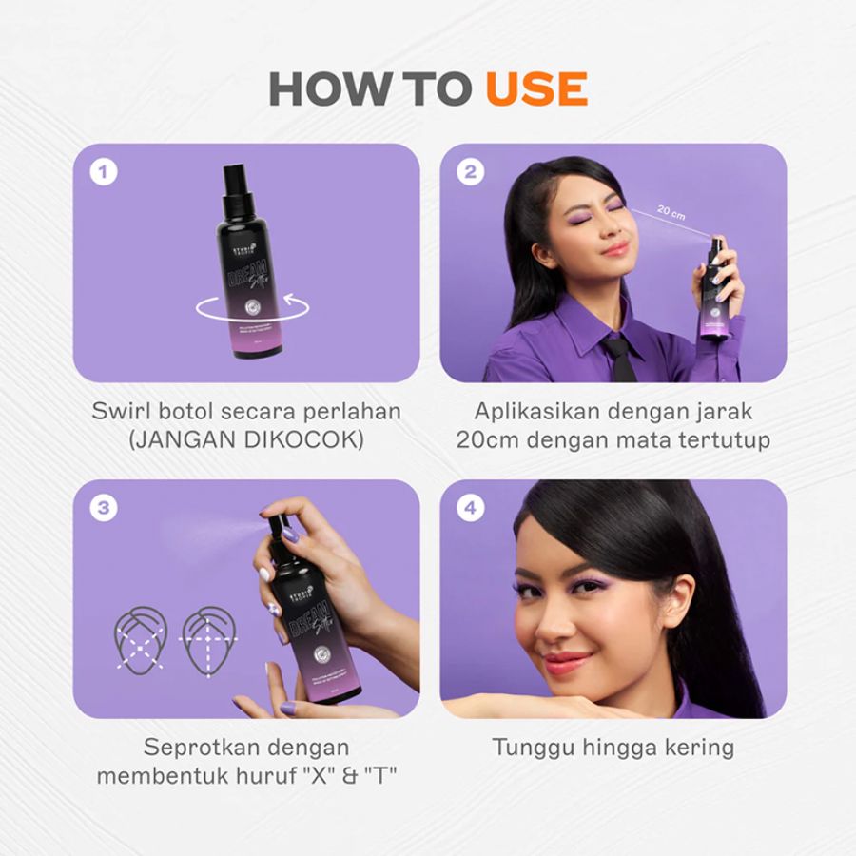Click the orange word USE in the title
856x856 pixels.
coord(535,88)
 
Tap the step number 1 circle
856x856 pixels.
coord(103,173)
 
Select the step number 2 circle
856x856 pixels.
coord(470,173)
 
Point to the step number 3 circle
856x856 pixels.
coord(103,509)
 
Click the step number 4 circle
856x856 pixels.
coord(470,509)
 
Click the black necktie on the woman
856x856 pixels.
coord(619,357)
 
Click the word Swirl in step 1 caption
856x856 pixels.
coord(121,412)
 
